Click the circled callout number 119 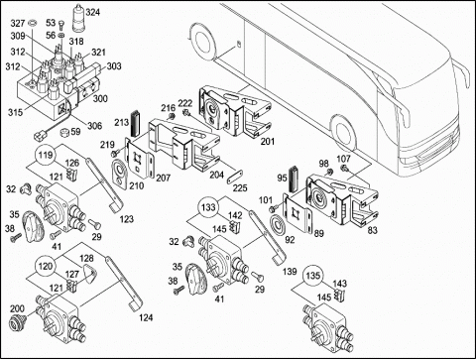coord(46,155)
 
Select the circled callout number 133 coord(208,207)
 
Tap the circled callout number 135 coord(312,276)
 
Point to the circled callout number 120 coord(46,266)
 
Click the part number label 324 coord(92,12)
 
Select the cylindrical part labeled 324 coord(78,18)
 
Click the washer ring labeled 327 coord(32,23)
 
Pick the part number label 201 coord(268,142)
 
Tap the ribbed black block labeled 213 coord(135,123)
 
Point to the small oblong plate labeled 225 coord(235,177)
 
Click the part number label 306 coord(95,126)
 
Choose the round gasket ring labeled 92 coord(280,225)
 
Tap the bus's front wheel coord(344,135)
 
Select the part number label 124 coord(146,317)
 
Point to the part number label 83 coord(373,230)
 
